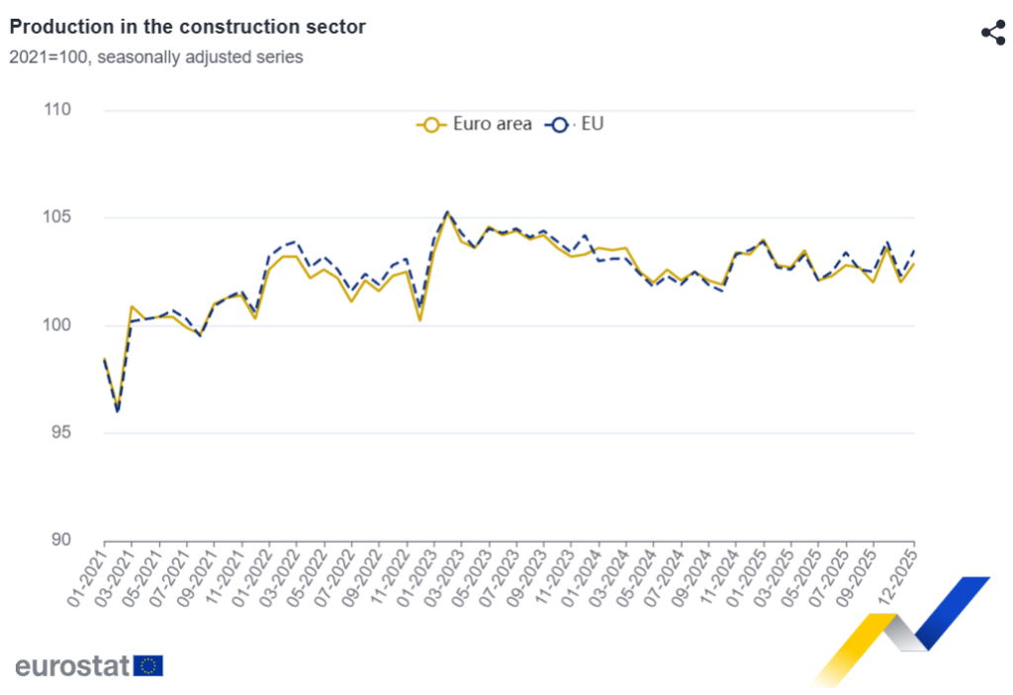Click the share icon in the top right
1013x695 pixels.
click(992, 33)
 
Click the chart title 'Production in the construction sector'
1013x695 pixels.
click(187, 27)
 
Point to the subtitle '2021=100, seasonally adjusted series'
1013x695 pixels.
click(156, 57)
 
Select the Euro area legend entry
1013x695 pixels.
click(475, 125)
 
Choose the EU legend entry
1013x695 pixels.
click(577, 125)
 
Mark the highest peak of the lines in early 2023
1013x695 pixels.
click(447, 212)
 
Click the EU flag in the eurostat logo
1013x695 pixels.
click(149, 665)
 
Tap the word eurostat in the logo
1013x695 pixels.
click(72, 665)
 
